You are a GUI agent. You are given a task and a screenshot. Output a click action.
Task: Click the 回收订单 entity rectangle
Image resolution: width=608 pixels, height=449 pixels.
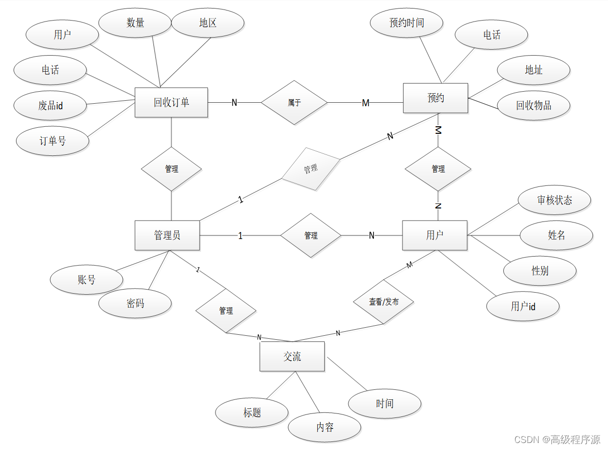coord(171,103)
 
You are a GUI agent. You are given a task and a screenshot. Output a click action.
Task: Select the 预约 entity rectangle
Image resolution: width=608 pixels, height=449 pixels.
coord(436,98)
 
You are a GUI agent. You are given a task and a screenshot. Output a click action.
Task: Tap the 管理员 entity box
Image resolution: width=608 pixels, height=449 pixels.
coord(167,235)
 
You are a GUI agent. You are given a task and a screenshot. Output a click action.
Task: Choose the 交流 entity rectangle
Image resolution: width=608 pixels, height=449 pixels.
coord(292,356)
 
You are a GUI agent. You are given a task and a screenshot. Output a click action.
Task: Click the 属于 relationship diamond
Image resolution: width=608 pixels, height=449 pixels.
coord(294,103)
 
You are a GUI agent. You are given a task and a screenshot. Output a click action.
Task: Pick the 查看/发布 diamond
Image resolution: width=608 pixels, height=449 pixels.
coord(383,302)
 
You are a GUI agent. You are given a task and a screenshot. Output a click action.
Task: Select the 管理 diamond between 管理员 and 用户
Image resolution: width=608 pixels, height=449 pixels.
coord(311,235)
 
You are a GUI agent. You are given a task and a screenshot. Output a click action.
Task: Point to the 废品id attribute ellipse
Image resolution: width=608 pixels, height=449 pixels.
coord(51,106)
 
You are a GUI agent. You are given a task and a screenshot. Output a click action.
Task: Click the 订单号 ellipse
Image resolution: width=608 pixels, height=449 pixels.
coord(53,141)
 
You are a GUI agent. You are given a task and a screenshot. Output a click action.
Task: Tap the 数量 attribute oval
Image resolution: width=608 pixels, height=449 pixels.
coord(135,23)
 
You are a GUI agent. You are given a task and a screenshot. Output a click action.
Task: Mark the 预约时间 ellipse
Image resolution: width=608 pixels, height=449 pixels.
coord(407,23)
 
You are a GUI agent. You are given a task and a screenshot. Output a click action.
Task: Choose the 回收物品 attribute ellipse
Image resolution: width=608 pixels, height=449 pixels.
coord(534,106)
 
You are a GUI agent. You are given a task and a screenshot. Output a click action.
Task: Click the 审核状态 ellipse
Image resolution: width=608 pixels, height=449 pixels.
coord(554,200)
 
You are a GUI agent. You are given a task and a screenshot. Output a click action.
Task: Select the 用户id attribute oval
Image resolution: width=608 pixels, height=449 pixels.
coord(523,306)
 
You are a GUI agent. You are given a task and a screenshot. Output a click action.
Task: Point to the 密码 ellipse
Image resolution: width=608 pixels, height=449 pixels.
coord(135,303)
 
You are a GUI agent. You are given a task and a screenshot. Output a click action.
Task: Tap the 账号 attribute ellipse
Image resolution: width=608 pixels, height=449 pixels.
coord(87,280)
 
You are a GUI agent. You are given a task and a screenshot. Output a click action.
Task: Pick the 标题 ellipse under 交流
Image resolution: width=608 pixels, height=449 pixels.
coord(252,412)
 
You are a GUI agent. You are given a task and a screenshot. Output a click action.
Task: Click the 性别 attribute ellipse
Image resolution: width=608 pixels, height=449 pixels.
coord(540,271)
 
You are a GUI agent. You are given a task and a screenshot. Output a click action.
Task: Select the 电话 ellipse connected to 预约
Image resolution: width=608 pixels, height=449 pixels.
coord(492,35)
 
